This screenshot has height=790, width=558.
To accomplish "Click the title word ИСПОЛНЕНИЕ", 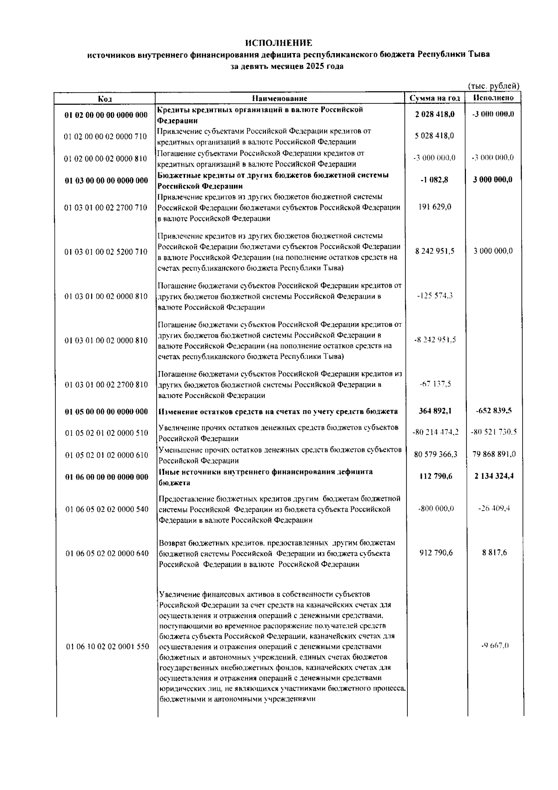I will point(279,43).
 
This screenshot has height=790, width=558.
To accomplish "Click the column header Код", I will point(105,98).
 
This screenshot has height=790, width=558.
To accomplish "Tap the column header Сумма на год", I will point(435,98).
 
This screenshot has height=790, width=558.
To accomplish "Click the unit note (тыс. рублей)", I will point(493,86).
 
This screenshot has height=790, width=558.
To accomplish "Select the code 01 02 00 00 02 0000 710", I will point(106,136).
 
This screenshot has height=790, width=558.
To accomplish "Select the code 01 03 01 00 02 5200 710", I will point(106,252).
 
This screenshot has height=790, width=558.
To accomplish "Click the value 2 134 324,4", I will point(494,476).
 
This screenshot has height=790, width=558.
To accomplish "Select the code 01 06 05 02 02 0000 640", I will point(107,554).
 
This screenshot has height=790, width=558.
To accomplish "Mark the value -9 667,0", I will point(495,646).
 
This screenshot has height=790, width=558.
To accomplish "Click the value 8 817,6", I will point(495,553).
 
